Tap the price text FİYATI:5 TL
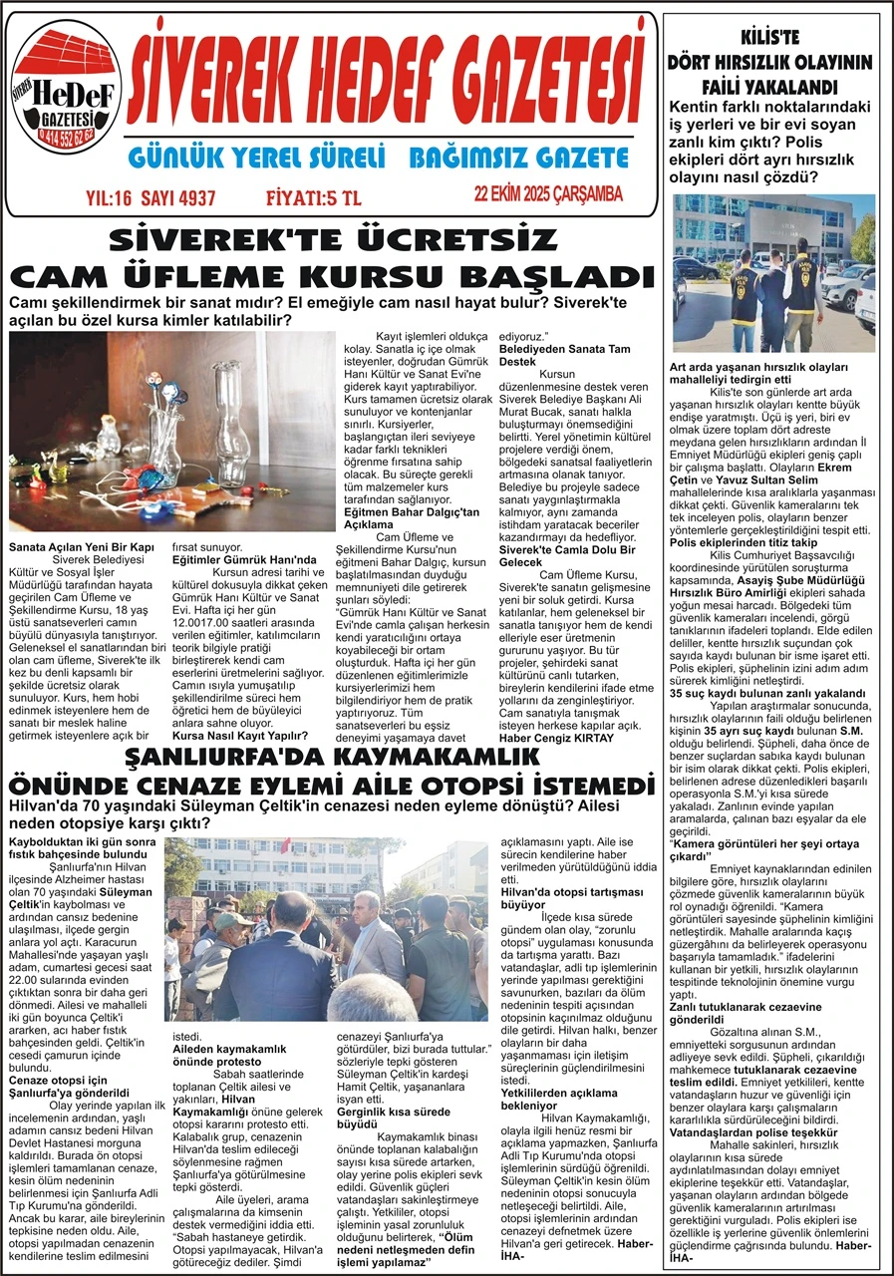point(313,197)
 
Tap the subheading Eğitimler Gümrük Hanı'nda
point(230,560)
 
